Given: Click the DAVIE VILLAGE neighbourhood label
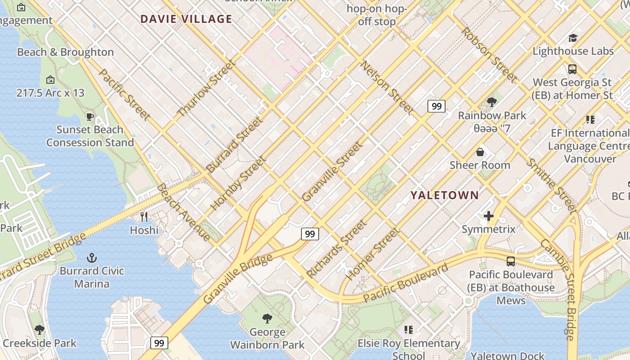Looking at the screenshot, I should pyautogui.click(x=186, y=19).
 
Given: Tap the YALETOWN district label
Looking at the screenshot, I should pyautogui.click(x=444, y=195).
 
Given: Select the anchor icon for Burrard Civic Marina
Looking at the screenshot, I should pyautogui.click(x=92, y=258).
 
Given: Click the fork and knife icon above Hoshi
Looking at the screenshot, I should pyautogui.click(x=144, y=217).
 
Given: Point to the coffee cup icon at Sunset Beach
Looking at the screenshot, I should pyautogui.click(x=90, y=117).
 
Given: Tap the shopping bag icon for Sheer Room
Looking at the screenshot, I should pyautogui.click(x=480, y=152).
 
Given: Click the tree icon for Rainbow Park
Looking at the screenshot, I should pyautogui.click(x=492, y=102).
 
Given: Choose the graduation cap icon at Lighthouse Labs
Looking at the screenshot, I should pyautogui.click(x=573, y=38).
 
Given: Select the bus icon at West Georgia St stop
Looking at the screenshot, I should pyautogui.click(x=572, y=69).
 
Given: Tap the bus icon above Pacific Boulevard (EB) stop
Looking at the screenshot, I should pyautogui.click(x=511, y=261).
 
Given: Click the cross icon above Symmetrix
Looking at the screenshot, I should pyautogui.click(x=489, y=216).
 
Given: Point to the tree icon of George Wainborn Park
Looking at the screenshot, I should pyautogui.click(x=267, y=319).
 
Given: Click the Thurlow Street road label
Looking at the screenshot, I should pyautogui.click(x=207, y=89).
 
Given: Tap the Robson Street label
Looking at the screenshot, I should pyautogui.click(x=488, y=55).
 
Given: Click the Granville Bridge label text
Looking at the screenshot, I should pyautogui.click(x=238, y=279).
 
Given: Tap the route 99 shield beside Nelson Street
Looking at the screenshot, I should pyautogui.click(x=436, y=106).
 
